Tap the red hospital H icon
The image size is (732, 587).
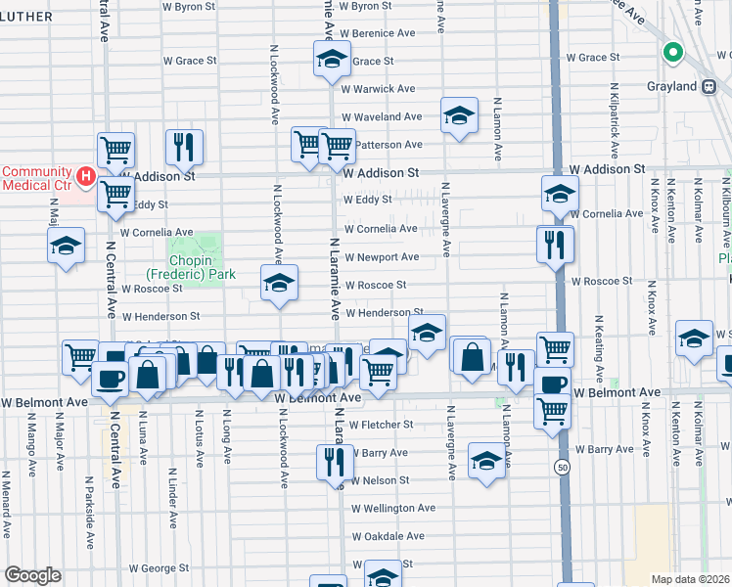tap(86, 176)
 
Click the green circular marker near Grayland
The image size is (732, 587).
tap(673, 55)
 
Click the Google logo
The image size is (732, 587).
tap(32, 575)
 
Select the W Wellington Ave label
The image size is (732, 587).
tap(392, 509)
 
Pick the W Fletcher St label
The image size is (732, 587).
tap(382, 425)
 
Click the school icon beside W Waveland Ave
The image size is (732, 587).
tap(459, 116)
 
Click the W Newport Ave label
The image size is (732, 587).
tap(381, 257)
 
